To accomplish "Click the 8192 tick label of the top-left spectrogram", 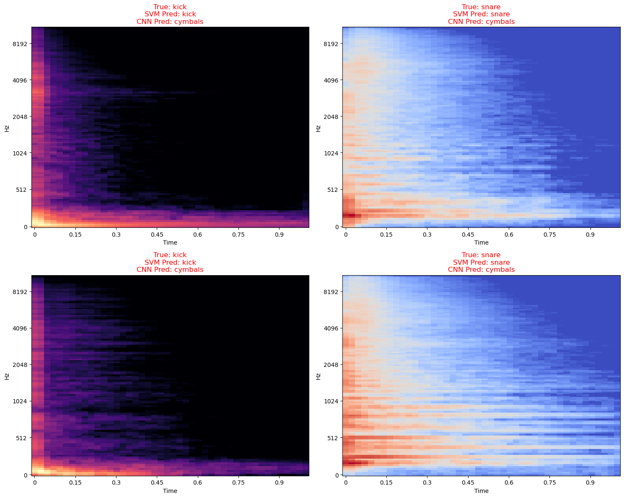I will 20,44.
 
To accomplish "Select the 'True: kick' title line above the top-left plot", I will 170,7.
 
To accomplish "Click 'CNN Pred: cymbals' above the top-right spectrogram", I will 481,22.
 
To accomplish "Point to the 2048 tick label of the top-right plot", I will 331,116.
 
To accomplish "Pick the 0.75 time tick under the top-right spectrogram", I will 549,235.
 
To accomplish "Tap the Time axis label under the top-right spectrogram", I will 481,243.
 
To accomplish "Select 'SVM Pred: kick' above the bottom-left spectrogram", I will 170,262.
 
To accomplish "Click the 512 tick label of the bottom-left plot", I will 21,438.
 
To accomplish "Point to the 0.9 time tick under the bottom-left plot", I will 279,483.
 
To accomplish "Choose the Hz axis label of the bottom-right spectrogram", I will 318,376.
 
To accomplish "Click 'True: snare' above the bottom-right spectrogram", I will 481,255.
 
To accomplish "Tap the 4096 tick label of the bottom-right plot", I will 331,328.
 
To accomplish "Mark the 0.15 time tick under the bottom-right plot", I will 386,483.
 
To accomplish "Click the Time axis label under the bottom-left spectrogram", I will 170,490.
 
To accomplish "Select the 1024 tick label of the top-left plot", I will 20,153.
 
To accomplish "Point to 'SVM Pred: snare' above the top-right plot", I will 481,14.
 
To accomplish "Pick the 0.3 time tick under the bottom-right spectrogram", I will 427,483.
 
